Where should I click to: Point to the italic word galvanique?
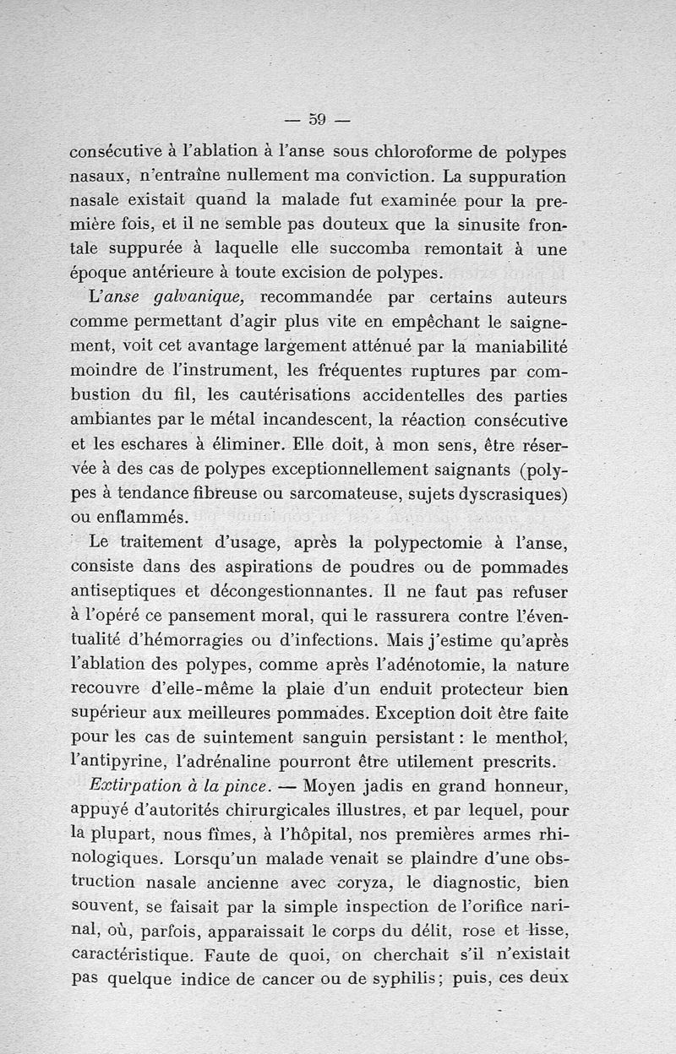(203, 299)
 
